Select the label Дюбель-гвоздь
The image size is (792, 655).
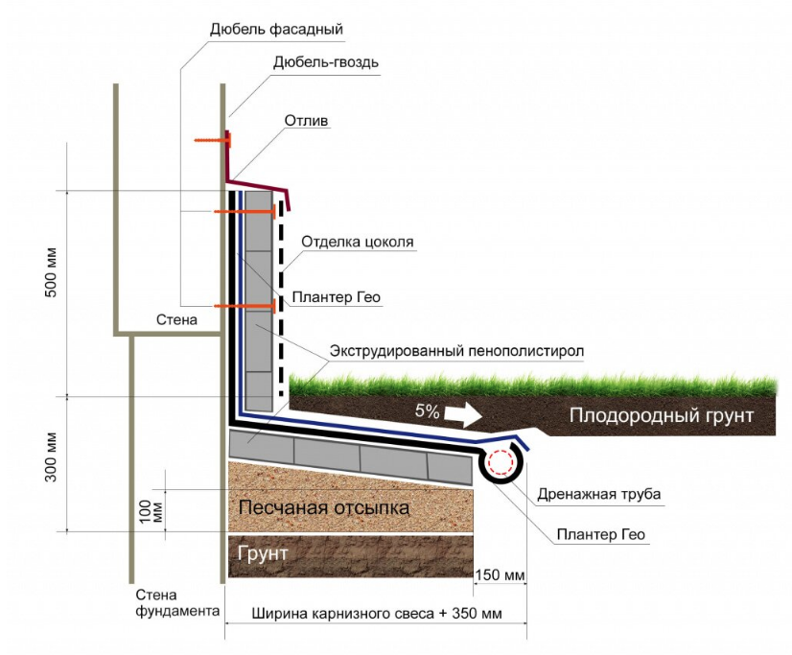326,63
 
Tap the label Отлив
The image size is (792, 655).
307,121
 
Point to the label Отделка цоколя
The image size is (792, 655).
358,242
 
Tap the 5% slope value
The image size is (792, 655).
427,412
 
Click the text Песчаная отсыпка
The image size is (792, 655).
324,507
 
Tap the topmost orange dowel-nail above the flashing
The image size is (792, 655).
211,140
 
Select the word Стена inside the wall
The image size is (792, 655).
177,319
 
